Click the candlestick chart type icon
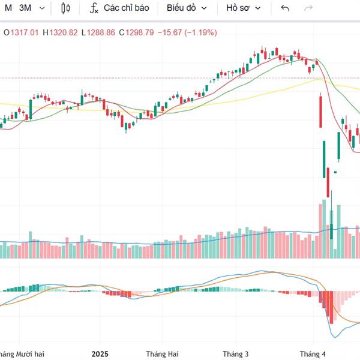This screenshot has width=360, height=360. [66, 8]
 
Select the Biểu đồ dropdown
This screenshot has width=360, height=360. [187, 8]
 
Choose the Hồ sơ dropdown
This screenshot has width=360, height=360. [243, 8]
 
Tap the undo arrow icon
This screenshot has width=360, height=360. [285, 8]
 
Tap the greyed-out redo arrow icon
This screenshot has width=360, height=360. [309, 8]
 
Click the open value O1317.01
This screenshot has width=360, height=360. [20, 32]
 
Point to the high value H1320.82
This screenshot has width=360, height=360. [61, 32]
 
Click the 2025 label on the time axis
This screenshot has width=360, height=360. [100, 354]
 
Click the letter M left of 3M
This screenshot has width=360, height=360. [8, 8]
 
